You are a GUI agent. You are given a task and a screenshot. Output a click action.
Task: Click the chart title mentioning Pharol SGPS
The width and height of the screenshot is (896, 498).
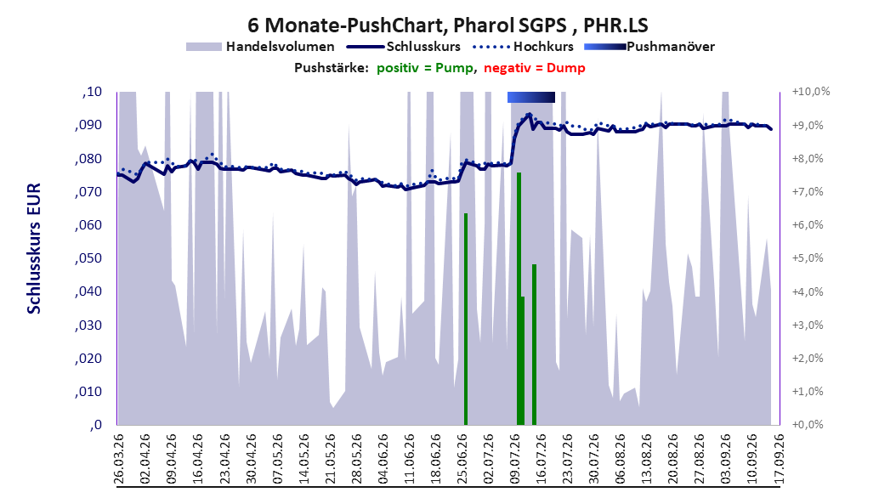pyautogui.click(x=447, y=25)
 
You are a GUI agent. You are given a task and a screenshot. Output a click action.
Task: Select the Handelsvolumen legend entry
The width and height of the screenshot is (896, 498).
pyautogui.click(x=260, y=47)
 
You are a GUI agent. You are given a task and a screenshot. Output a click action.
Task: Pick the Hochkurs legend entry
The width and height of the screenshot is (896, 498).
pyautogui.click(x=523, y=47)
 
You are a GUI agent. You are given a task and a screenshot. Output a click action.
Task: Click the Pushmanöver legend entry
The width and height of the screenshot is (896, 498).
pyautogui.click(x=649, y=47)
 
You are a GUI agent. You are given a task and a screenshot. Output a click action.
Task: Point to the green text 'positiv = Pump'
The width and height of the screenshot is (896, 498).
pyautogui.click(x=424, y=68)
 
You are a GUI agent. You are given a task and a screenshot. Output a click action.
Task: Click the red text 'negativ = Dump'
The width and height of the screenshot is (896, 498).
pyautogui.click(x=535, y=68)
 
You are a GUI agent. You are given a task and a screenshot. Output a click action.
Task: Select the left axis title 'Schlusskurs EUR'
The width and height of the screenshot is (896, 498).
pyautogui.click(x=34, y=248)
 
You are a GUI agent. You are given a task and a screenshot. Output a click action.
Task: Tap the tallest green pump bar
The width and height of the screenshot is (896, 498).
pyautogui.click(x=519, y=298)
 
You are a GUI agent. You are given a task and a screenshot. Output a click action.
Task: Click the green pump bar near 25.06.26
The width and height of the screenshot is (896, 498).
pyautogui.click(x=466, y=319)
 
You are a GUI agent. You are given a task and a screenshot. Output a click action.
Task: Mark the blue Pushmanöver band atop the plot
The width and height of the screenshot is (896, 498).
pyautogui.click(x=530, y=97)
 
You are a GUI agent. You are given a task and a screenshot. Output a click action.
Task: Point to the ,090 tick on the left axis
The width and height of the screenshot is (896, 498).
pyautogui.click(x=88, y=125)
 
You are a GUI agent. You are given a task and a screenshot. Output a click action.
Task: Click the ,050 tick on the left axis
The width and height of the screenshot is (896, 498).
pyautogui.click(x=88, y=258)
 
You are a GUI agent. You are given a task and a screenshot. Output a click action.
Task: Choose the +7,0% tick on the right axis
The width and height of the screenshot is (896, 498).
pyautogui.click(x=808, y=192)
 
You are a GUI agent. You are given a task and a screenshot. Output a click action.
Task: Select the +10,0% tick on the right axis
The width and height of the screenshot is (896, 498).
pyautogui.click(x=811, y=92)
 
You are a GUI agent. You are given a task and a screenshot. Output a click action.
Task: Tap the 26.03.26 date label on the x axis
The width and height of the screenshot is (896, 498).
pyautogui.click(x=119, y=458)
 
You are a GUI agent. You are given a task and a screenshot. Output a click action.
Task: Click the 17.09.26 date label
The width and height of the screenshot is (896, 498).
pyautogui.click(x=779, y=458)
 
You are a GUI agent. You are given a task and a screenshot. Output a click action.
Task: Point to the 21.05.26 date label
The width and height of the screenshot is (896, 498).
pyautogui.click(x=330, y=458)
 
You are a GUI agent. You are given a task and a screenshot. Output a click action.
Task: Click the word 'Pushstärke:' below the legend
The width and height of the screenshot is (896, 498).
pyautogui.click(x=332, y=68)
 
